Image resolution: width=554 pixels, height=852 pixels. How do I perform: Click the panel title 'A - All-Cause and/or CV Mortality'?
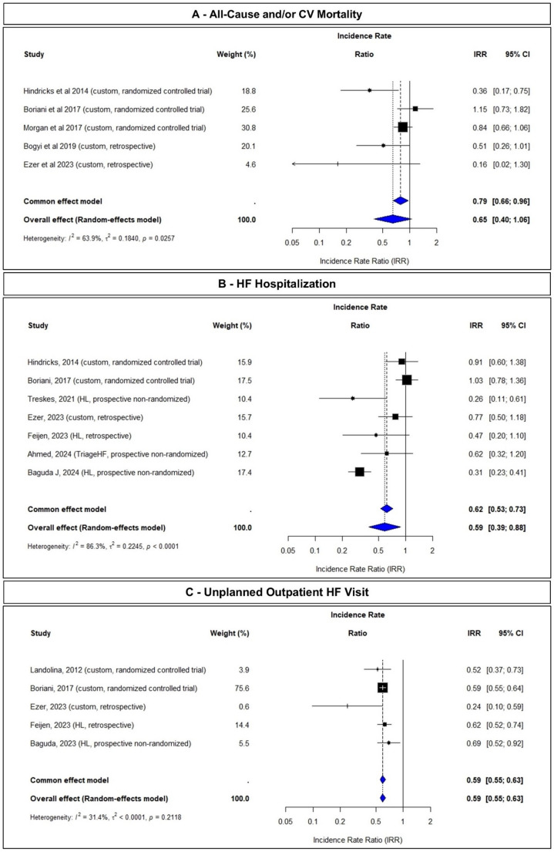coord(277,15)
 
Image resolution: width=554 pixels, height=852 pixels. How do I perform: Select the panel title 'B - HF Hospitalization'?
coord(277,283)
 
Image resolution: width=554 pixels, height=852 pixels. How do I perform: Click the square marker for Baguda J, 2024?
coord(359,471)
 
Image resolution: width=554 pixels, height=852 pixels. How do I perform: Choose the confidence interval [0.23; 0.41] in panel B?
coord(506,471)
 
